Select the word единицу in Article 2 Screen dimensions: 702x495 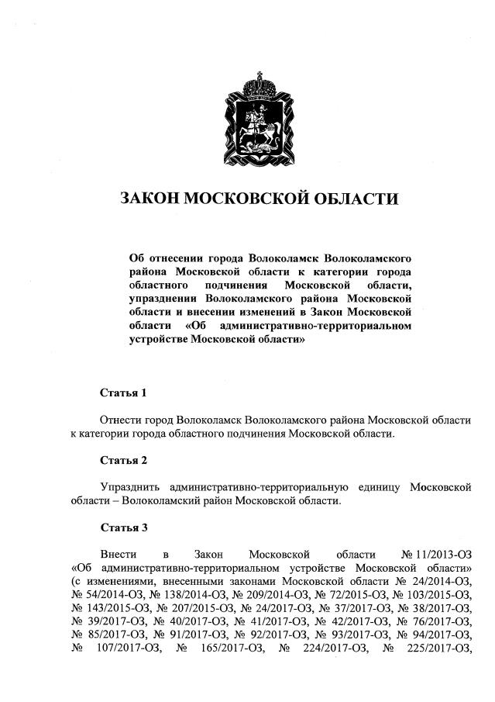coord(384,487)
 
